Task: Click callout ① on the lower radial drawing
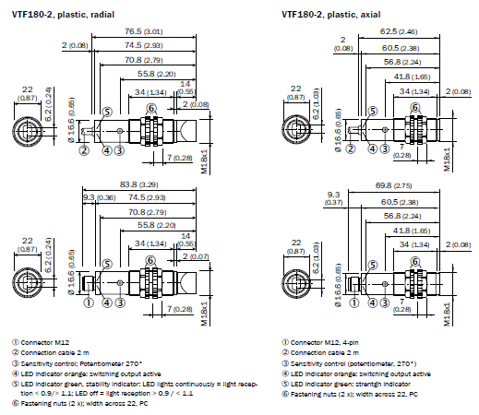click(89, 301)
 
